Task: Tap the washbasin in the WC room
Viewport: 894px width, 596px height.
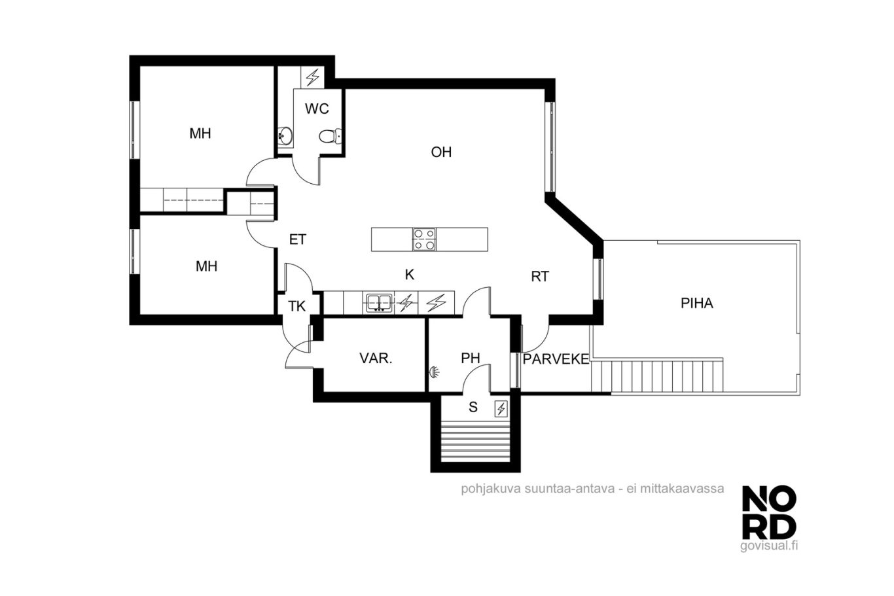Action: pyautogui.click(x=285, y=136)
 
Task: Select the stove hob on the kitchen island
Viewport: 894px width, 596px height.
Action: pyautogui.click(x=424, y=239)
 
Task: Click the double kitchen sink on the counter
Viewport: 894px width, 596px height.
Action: pyautogui.click(x=378, y=303)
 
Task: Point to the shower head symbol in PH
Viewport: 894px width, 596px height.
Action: pyautogui.click(x=434, y=372)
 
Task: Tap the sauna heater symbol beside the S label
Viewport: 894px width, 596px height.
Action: pyautogui.click(x=501, y=409)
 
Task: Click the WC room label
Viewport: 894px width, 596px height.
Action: pyautogui.click(x=317, y=109)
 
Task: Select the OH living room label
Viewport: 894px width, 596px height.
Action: pyautogui.click(x=441, y=152)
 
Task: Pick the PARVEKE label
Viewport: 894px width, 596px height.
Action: pyautogui.click(x=556, y=359)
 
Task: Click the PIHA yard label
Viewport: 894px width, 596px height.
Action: pyautogui.click(x=697, y=304)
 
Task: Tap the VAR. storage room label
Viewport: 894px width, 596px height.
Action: pyautogui.click(x=376, y=359)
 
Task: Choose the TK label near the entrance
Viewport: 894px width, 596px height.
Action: pyautogui.click(x=297, y=306)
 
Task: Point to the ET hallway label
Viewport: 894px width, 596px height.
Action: pyautogui.click(x=298, y=239)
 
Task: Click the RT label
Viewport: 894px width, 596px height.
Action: pyautogui.click(x=540, y=277)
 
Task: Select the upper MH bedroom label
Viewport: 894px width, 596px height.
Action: pyautogui.click(x=200, y=133)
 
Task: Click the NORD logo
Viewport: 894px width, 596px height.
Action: pyautogui.click(x=769, y=517)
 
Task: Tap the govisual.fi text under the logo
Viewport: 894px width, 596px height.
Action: pyautogui.click(x=769, y=546)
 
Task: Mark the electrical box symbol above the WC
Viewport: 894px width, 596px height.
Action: pyautogui.click(x=312, y=77)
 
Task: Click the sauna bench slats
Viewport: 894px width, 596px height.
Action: pyautogui.click(x=475, y=442)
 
